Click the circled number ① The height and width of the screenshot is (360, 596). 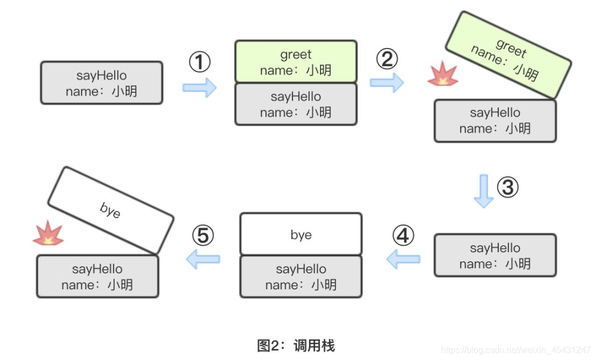click(200, 62)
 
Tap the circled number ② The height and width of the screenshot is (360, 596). click(387, 59)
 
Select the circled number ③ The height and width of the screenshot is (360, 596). click(508, 188)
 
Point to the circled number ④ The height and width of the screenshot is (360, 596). click(403, 236)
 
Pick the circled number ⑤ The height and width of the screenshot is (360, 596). click(203, 236)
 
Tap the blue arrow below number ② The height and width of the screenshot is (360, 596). click(386, 82)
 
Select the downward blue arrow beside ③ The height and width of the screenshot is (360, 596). click(484, 190)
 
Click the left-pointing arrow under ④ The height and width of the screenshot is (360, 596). click(403, 258)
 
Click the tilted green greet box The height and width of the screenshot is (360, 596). click(508, 55)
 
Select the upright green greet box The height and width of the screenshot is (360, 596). click(296, 62)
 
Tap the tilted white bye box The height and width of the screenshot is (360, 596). click(110, 210)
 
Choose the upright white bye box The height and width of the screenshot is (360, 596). click(301, 235)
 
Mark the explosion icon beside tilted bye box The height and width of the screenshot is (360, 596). click(48, 234)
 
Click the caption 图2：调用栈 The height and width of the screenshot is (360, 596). click(296, 346)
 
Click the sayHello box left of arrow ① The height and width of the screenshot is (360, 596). click(102, 83)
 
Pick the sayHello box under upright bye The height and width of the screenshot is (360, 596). click(301, 277)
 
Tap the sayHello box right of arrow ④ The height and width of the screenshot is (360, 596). click(495, 256)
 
